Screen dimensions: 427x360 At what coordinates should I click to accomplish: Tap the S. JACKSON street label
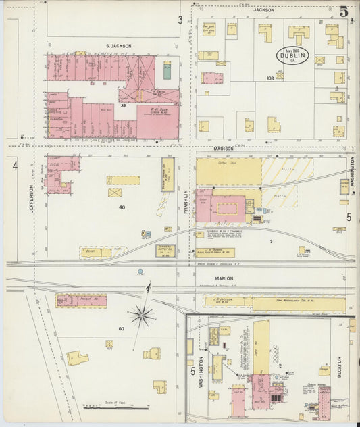(x=118, y=46)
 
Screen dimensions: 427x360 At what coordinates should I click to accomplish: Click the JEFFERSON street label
(x=31, y=201)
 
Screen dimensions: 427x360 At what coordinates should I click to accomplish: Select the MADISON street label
(x=224, y=148)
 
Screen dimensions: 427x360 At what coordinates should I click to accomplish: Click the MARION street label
(x=224, y=278)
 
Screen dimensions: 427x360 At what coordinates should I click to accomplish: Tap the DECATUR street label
(x=338, y=368)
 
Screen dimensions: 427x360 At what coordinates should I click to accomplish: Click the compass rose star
(x=142, y=315)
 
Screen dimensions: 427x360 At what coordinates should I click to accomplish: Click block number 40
(x=122, y=207)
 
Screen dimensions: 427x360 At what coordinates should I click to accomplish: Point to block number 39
(x=123, y=106)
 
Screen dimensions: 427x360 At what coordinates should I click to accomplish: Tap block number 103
(x=270, y=78)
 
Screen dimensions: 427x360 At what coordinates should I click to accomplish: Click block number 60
(x=122, y=328)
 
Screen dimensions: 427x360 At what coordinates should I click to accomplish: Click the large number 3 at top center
(x=180, y=20)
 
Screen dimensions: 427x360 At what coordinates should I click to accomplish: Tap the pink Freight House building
(x=81, y=300)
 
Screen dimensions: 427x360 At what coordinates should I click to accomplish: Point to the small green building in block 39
(x=167, y=70)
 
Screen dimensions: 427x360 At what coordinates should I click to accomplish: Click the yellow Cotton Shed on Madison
(x=228, y=172)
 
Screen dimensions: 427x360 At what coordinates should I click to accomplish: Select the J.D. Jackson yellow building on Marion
(x=223, y=301)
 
